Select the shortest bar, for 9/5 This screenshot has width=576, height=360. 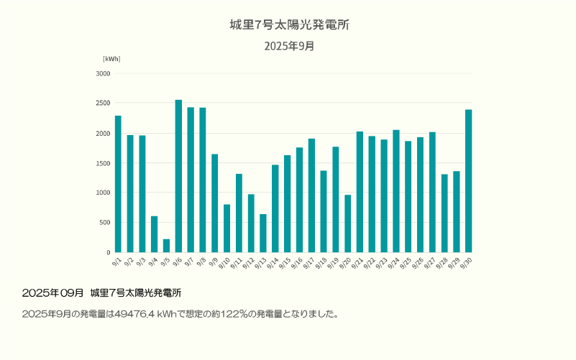pos(166,246)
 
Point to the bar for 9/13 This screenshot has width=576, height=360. pos(263,234)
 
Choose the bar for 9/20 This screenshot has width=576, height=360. pos(347,223)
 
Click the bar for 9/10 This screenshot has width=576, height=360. pos(227,229)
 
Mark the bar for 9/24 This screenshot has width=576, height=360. pos(396,191)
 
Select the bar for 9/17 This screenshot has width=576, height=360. pos(311,195)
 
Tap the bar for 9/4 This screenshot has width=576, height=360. pos(154,234)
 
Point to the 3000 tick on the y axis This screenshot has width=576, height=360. pos(103,73)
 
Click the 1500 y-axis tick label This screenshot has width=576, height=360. pos(103,163)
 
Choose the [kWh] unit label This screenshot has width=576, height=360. pos(111,59)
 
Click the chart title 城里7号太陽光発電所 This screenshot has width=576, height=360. pos(289,25)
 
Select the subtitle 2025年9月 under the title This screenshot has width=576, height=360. pos(289,46)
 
